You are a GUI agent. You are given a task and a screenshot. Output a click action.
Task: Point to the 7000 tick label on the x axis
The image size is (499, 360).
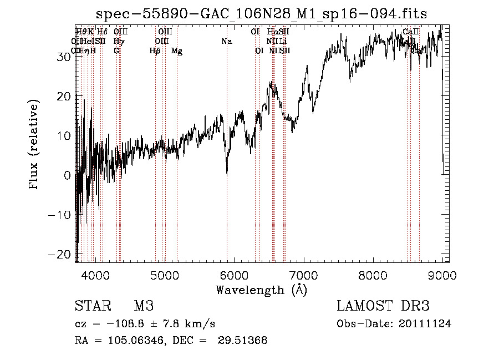[303, 275]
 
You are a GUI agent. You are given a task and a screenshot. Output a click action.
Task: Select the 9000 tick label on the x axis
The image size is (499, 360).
[442, 275]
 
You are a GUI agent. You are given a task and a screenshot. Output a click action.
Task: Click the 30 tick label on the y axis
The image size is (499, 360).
[62, 57]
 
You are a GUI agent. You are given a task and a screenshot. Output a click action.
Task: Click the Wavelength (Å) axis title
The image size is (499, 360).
[261, 290]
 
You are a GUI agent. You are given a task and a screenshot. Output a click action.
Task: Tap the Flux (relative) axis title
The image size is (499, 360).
[35, 145]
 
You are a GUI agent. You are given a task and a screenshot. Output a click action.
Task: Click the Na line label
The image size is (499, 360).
[226, 42]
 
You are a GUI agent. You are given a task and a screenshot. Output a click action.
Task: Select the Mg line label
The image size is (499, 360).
[177, 51]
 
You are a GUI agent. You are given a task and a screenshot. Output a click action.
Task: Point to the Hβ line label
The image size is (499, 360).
[155, 51]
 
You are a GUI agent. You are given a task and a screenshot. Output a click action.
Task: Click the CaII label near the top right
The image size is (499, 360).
[411, 32]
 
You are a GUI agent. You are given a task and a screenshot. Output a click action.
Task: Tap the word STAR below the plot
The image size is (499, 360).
[91, 306]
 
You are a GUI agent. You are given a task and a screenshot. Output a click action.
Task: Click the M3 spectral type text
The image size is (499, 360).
[143, 306]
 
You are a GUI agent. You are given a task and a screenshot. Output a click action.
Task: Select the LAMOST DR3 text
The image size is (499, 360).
[383, 306]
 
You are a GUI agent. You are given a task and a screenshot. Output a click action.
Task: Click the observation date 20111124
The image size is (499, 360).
[426, 324]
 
